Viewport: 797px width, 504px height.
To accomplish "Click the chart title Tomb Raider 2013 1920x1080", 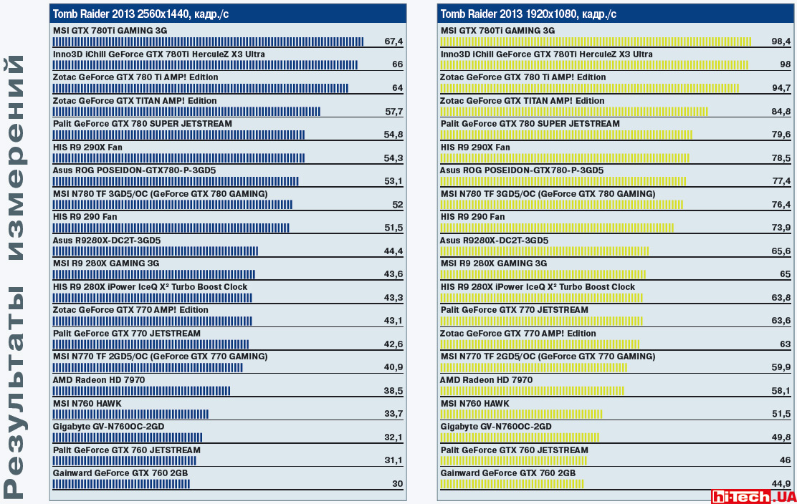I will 528,14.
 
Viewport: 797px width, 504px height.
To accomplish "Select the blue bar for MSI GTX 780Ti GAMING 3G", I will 208,42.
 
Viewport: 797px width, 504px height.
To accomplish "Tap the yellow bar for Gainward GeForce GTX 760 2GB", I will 512,484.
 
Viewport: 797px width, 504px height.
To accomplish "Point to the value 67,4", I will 393,42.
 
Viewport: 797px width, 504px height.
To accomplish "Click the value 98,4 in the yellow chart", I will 781,42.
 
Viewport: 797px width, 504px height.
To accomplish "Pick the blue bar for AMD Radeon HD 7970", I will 141,391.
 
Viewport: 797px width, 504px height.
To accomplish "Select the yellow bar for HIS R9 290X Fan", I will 564,158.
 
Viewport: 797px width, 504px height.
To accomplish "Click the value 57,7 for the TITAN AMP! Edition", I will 393,112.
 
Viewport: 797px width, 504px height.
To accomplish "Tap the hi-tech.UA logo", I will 753,495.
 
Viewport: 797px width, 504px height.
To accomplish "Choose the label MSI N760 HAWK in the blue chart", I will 87,403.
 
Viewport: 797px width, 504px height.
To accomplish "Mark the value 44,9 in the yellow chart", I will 781,484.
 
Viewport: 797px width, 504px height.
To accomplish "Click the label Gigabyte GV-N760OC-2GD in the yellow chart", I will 496,427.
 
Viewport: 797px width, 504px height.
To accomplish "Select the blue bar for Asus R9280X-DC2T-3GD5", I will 155,251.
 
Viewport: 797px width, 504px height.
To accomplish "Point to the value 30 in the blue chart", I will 397,484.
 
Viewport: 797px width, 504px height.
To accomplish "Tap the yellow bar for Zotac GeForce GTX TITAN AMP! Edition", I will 573,112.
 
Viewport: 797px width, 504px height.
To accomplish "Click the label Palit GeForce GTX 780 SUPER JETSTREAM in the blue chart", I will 143,124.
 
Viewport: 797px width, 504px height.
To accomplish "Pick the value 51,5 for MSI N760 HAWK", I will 781,415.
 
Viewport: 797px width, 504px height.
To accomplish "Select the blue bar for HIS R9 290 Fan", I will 171,228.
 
